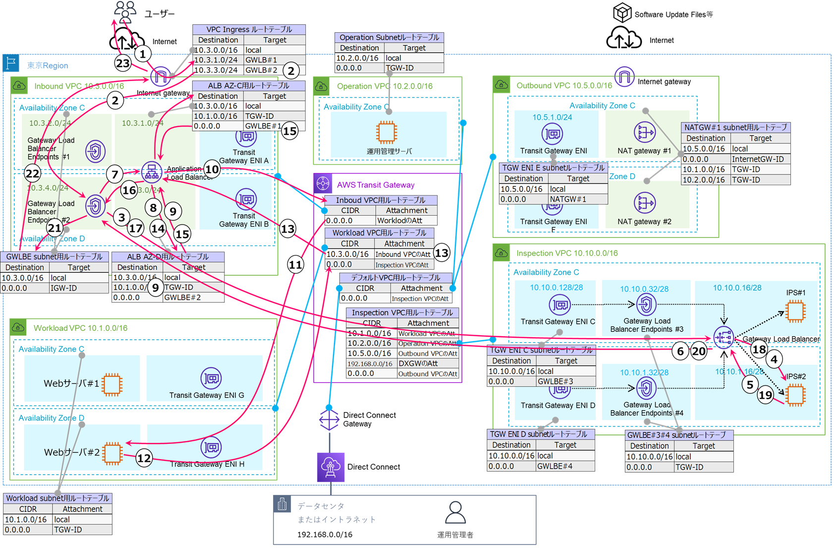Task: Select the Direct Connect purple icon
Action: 331,467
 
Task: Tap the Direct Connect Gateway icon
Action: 329,420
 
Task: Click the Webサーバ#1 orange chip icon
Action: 112,384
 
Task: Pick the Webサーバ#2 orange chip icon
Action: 112,453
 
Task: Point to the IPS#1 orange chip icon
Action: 795,311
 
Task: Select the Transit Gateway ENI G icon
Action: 211,378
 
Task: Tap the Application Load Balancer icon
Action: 152,172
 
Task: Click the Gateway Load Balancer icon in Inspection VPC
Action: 724,338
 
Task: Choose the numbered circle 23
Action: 122,63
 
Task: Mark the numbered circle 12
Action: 144,458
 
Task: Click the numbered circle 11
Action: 295,265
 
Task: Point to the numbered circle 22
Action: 32,174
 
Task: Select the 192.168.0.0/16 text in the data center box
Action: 325,535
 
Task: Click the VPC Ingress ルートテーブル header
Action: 249,29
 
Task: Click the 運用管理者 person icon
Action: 455,512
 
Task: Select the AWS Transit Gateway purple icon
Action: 323,183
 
